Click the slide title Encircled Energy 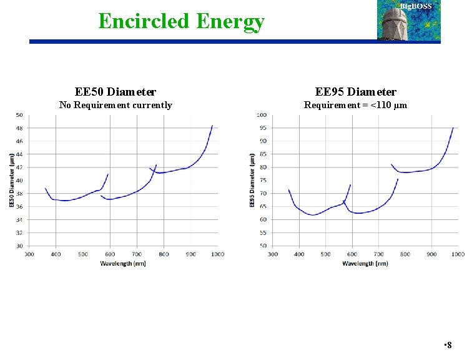click(181, 21)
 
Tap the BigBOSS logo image click(408, 20)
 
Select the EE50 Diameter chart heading click(116, 92)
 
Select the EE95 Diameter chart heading click(355, 92)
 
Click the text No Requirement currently click(116, 105)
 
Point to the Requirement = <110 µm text click(355, 105)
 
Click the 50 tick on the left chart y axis click(19, 115)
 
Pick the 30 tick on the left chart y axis click(19, 246)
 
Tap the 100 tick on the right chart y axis click(262, 115)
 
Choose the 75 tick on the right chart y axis click(263, 181)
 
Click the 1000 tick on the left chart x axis click(217, 254)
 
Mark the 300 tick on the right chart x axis click(273, 254)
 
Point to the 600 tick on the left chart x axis click(110, 254)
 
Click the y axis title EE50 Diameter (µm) click(11, 180)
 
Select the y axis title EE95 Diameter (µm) click(253, 180)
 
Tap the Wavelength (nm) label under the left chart click(122, 263)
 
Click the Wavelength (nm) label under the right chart click(365, 263)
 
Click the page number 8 click(449, 345)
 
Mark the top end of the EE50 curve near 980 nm click(212, 126)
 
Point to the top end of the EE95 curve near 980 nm click(453, 128)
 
